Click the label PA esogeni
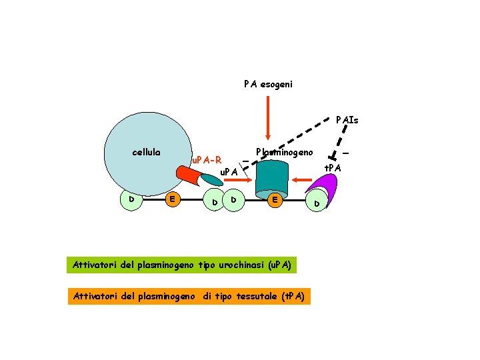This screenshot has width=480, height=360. pos(267,85)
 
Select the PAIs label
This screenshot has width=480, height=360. pos(347,120)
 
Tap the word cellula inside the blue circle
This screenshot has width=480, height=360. pos(146,152)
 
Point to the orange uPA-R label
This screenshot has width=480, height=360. pos(206,161)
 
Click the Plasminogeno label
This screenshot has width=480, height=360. pos(284,152)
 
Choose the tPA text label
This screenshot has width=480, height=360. pos(333,167)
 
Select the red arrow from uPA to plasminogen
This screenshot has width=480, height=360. pos(248,180)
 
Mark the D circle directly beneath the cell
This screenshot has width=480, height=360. pos(132,199)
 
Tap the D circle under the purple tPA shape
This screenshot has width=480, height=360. pos(317,203)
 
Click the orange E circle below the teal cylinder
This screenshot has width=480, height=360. pos(274,199)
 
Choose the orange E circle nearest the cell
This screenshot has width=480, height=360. pos(172,198)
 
